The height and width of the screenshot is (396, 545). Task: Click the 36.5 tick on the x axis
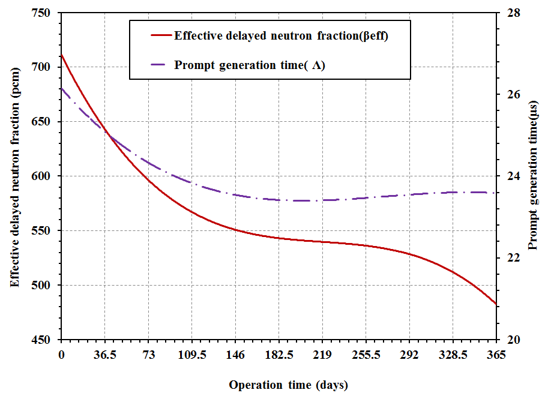pos(104,355)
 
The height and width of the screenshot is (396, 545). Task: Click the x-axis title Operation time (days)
pos(288,385)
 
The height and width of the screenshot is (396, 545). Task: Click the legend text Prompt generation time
pos(250,65)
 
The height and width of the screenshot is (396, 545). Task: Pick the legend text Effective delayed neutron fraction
pos(282,35)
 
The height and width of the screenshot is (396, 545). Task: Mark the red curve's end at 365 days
pos(496,304)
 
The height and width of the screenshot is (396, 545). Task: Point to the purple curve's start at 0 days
pos(61,88)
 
